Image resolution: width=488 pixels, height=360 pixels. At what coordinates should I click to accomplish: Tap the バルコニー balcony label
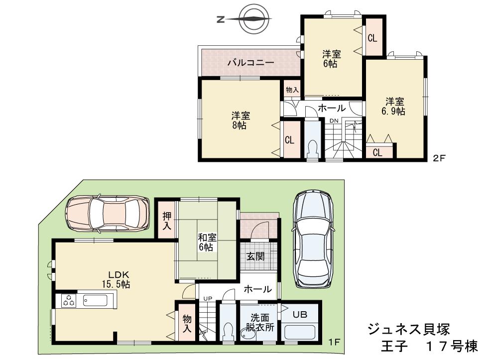[250, 63]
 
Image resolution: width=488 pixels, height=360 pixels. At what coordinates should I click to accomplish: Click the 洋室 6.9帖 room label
[393, 106]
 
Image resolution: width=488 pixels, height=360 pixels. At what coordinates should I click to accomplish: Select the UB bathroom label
[299, 314]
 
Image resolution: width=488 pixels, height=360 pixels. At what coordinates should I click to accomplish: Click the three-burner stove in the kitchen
[68, 301]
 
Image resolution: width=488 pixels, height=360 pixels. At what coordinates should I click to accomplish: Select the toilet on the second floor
[313, 148]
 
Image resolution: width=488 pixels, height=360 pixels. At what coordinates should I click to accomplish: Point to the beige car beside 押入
[107, 213]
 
